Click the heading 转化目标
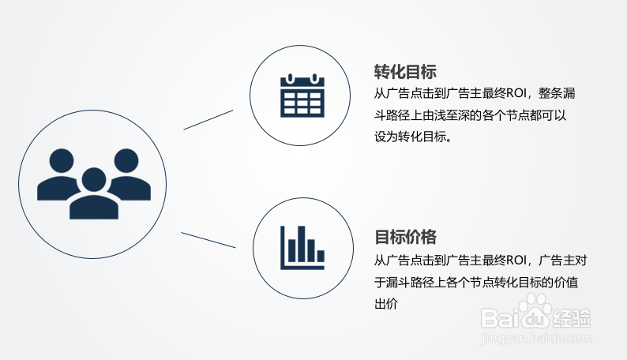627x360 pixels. [405, 71]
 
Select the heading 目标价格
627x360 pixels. [405, 237]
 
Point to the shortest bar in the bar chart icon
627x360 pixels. [321, 256]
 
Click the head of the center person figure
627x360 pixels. [94, 179]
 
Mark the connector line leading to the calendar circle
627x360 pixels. [208, 119]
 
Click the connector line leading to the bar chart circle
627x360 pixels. [208, 240]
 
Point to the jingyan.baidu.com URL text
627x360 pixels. [536, 338]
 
